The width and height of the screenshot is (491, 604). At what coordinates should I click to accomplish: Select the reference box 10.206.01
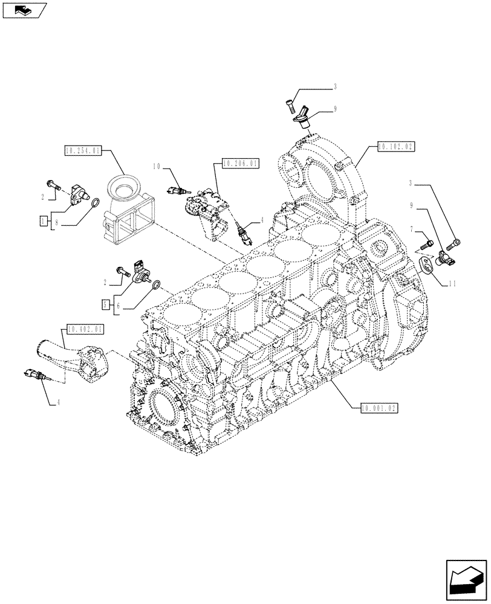coord(240,163)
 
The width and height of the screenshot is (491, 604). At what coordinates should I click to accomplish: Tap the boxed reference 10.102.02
coord(396,146)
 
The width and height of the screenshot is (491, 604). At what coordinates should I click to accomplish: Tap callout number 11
coord(450,283)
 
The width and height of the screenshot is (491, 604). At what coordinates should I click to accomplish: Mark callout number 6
coord(119,305)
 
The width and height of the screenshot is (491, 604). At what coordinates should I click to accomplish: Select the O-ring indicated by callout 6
coord(155,284)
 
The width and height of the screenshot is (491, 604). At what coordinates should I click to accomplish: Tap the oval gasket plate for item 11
coord(426,264)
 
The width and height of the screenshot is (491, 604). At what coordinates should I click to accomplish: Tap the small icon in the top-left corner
coord(24,9)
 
